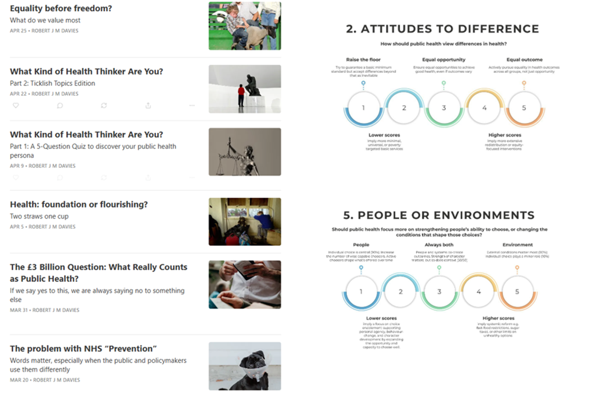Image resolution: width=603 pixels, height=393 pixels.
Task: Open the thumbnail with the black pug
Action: tap(244, 366)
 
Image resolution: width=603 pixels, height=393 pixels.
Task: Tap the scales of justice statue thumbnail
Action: tap(244, 152)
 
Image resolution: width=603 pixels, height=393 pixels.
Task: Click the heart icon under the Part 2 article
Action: tap(16, 106)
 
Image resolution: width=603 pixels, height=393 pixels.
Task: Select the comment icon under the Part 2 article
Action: tap(60, 106)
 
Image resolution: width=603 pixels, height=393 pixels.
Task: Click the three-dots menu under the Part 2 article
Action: tap(192, 106)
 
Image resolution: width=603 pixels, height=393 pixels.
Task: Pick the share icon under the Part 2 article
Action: tap(148, 106)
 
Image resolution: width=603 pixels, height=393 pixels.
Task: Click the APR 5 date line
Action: tap(43, 227)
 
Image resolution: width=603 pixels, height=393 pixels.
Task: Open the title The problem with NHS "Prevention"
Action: tap(83, 348)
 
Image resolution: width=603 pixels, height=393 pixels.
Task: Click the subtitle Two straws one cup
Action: tap(39, 217)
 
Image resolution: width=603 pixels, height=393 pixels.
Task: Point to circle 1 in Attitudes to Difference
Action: tap(363, 108)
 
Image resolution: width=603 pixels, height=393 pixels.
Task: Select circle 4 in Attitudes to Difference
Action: tap(484, 108)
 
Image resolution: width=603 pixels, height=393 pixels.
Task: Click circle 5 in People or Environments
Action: tap(517, 292)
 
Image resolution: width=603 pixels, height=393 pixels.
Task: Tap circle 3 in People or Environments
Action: tap(439, 292)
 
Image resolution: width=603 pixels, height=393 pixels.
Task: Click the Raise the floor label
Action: tap(363, 60)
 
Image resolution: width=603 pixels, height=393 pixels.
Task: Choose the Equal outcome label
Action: tap(524, 60)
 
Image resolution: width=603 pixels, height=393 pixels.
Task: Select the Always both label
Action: tap(439, 245)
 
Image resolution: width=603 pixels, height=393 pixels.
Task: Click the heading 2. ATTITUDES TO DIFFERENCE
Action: tap(442, 29)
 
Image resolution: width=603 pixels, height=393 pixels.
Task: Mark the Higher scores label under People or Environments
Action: tap(498, 318)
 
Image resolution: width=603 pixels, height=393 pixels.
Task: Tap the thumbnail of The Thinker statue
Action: tap(244, 89)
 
